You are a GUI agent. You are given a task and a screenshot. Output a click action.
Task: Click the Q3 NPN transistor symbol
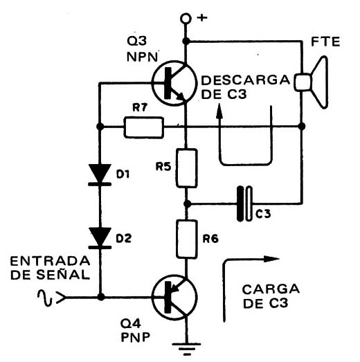click(174, 83)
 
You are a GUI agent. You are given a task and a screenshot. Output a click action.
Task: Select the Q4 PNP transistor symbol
click(174, 298)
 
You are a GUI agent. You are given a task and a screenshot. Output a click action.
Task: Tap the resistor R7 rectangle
click(143, 127)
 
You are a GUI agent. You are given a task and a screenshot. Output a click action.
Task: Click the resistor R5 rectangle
click(187, 168)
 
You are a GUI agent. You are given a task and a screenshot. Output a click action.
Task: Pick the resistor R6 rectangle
click(187, 239)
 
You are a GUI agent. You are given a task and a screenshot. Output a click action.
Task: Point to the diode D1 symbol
click(100, 174)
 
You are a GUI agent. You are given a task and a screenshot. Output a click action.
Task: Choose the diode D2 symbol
click(100, 238)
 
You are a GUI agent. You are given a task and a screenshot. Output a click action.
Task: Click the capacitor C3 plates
click(244, 204)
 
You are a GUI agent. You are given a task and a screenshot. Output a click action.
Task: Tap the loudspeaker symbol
click(311, 82)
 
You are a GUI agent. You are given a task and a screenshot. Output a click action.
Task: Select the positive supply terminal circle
click(186, 19)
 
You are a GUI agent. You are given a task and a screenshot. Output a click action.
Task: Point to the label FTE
click(325, 42)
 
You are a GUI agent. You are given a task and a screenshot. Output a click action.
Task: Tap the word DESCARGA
click(246, 80)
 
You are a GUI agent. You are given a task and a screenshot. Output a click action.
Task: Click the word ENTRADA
click(50, 261)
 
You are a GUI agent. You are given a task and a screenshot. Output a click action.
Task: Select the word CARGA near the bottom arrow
click(271, 289)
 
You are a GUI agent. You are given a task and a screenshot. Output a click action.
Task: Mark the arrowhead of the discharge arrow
click(219, 111)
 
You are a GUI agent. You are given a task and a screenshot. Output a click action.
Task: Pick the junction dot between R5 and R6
click(187, 204)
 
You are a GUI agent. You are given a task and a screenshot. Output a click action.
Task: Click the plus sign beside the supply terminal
click(202, 18)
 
